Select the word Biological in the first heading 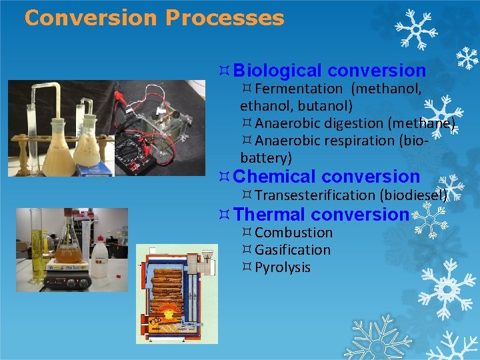point(278,71)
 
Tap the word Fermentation point(298,89)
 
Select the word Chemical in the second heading point(275,177)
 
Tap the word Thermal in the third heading point(270,215)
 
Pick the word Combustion point(293,233)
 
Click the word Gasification point(293,250)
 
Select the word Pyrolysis point(283,267)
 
